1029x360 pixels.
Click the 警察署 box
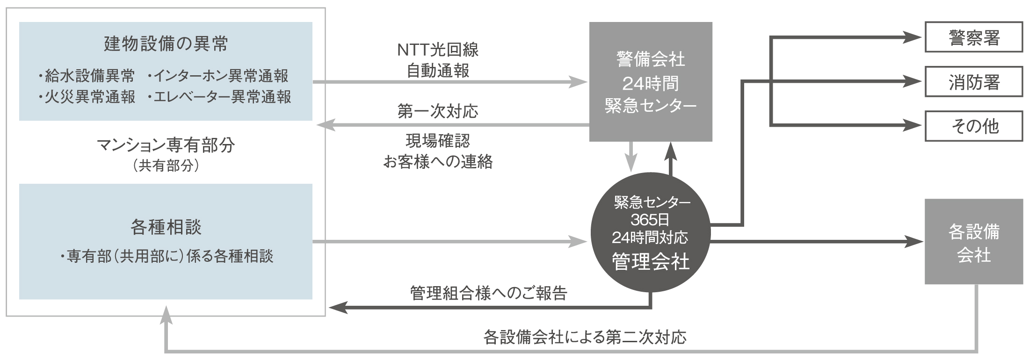click(x=974, y=37)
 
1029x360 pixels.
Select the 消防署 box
click(x=974, y=82)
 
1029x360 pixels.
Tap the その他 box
click(x=974, y=126)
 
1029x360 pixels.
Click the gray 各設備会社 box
click(x=974, y=242)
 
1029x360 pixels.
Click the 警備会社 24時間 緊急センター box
click(x=650, y=81)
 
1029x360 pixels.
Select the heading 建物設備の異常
click(x=166, y=44)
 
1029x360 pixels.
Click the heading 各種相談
click(x=166, y=228)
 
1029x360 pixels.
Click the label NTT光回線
click(x=438, y=50)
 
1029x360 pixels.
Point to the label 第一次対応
click(x=438, y=111)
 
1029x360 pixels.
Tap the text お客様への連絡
click(x=438, y=162)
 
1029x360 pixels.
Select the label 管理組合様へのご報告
click(x=488, y=293)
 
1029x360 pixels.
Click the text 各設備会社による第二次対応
click(x=585, y=337)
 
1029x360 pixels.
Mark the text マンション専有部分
click(x=166, y=146)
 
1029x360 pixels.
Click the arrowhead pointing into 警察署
click(x=913, y=37)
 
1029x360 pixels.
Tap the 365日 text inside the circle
click(x=650, y=219)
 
